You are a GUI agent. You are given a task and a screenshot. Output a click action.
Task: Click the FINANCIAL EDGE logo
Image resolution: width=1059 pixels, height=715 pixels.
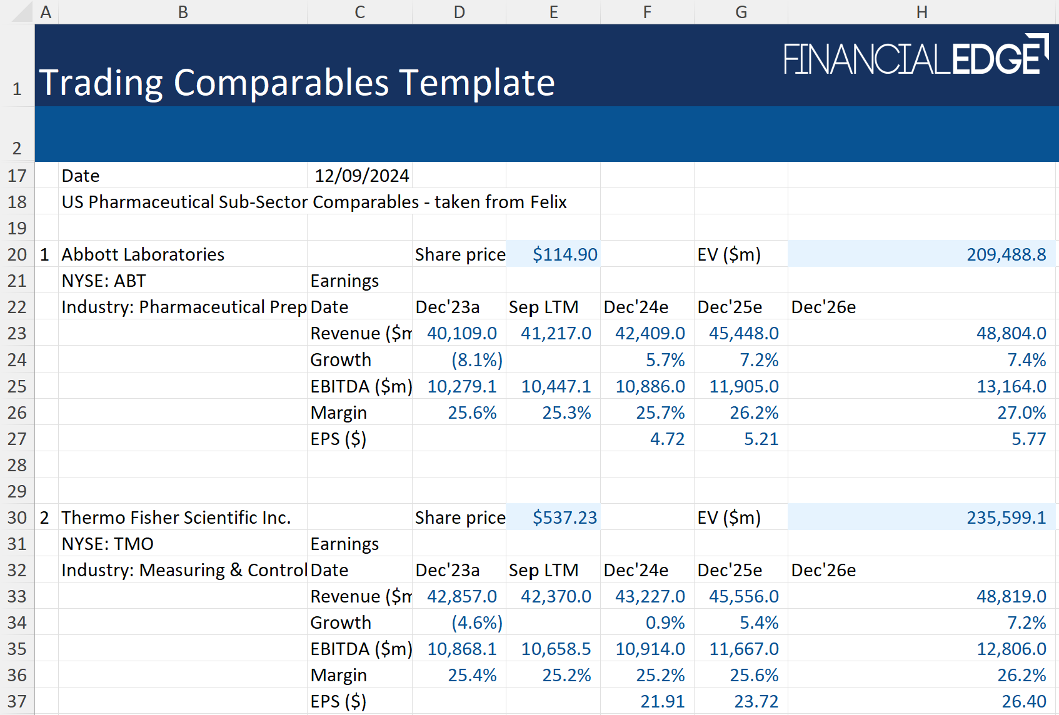click(x=915, y=56)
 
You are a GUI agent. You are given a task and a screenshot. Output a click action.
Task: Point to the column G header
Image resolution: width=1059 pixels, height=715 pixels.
click(x=741, y=12)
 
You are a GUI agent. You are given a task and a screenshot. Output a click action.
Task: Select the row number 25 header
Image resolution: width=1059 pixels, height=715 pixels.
click(x=17, y=386)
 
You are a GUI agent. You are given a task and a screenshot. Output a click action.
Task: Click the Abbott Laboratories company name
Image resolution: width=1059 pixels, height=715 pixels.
click(x=143, y=254)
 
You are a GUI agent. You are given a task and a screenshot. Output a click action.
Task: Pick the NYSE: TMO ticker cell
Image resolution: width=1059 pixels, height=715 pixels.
click(x=108, y=544)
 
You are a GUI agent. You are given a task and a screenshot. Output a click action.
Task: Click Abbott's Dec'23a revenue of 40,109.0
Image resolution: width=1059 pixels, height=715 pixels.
click(x=461, y=333)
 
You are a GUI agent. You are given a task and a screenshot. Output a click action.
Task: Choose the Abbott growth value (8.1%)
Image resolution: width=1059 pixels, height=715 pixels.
click(x=477, y=360)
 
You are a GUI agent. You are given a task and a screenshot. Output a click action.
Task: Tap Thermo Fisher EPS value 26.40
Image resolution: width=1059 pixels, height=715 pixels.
click(x=1023, y=701)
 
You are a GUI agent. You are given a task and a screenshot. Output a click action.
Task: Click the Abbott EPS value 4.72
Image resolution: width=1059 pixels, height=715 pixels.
click(x=667, y=439)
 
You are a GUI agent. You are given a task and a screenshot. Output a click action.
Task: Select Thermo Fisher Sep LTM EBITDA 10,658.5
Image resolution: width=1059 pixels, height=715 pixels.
click(x=556, y=649)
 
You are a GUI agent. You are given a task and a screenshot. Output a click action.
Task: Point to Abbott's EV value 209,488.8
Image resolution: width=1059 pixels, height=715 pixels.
click(x=1006, y=254)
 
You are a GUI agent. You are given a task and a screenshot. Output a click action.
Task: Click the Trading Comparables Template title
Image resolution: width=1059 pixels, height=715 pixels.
click(x=297, y=82)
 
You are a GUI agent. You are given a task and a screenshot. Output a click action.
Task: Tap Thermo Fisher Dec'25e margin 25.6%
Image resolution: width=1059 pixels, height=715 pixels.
click(x=754, y=675)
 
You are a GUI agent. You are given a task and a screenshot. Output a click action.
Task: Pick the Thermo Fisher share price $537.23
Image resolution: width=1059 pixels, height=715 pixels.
click(x=565, y=517)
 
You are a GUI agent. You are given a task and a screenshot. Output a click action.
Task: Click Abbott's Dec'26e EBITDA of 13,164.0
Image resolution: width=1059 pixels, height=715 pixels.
click(x=1011, y=386)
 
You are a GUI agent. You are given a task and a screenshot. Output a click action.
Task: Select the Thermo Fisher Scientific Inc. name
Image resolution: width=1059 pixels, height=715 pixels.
click(x=176, y=517)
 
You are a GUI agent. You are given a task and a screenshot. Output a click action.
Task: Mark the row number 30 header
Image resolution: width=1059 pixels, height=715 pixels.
click(x=17, y=517)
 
